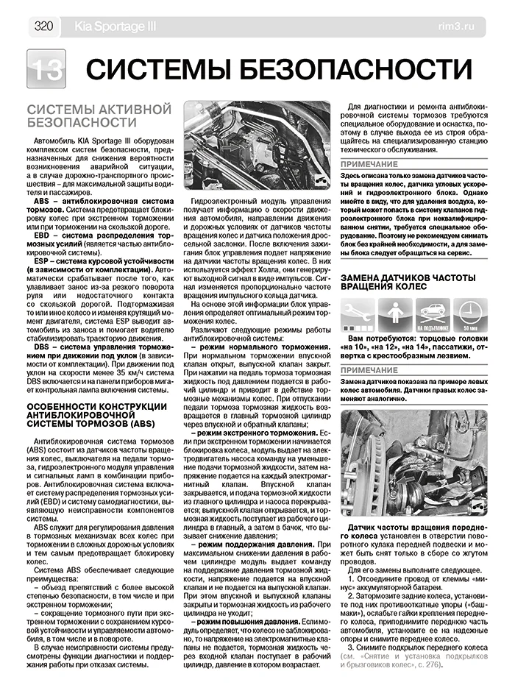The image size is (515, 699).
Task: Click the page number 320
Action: (x=42, y=26)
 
